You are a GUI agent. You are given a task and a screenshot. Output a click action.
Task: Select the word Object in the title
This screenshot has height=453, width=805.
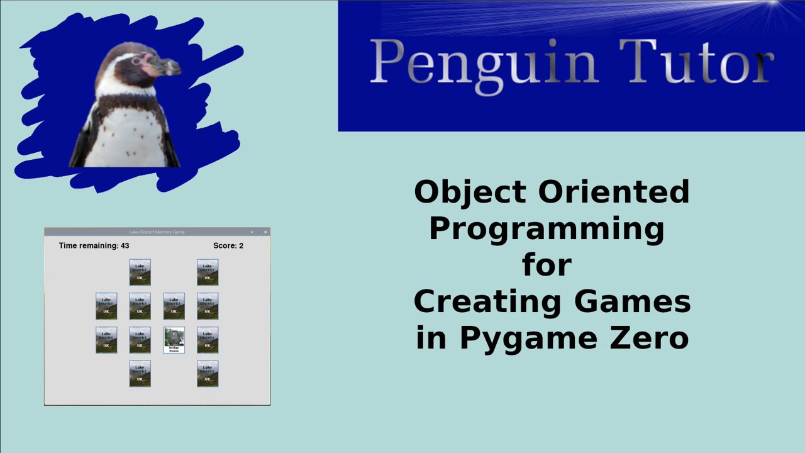(x=469, y=192)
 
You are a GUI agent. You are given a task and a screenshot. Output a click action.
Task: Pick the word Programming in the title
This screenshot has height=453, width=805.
(x=547, y=229)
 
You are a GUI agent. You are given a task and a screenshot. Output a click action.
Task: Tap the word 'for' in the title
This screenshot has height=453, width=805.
(x=547, y=265)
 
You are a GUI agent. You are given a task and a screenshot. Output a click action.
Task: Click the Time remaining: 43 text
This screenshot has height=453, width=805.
(x=94, y=246)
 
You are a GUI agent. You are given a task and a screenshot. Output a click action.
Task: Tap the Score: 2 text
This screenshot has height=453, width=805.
(x=228, y=246)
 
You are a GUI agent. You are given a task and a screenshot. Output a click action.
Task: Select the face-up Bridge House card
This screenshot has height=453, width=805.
(x=174, y=340)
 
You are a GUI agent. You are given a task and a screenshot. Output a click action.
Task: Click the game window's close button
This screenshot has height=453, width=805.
(x=265, y=232)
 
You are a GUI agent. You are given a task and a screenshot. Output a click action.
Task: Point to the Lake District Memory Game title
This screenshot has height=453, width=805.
(x=157, y=232)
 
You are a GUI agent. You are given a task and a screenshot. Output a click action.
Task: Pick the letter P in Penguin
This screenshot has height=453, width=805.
(x=384, y=62)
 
